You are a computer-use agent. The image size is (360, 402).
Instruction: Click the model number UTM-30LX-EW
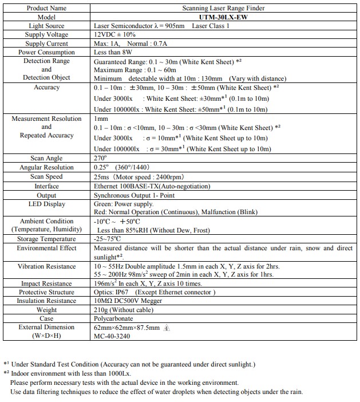(223, 17)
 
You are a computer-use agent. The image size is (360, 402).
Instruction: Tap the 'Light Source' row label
(46, 26)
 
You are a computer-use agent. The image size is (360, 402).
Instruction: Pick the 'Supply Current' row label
(46, 44)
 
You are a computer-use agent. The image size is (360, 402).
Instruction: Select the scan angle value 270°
(100, 158)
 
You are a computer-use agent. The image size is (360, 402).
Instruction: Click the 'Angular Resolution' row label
(46, 167)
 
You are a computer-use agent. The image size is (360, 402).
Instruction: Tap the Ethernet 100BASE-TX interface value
(152, 186)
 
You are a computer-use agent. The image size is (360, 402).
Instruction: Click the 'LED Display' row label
(46, 204)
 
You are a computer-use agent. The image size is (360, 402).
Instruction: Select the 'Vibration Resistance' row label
(46, 266)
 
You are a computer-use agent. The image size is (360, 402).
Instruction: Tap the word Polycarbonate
(113, 318)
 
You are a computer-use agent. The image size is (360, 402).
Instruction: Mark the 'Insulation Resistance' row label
(46, 301)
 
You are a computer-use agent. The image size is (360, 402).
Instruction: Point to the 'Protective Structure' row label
(46, 292)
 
